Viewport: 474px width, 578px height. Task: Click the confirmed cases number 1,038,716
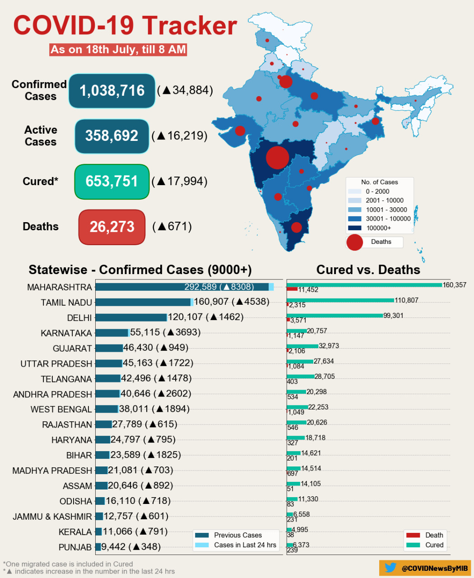[112, 91]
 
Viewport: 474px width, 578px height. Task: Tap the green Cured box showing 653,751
[112, 182]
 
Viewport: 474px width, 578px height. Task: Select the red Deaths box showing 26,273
[112, 227]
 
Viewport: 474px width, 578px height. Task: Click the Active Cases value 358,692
[112, 136]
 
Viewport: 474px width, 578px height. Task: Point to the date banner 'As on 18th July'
[118, 50]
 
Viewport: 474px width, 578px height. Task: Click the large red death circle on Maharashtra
[277, 158]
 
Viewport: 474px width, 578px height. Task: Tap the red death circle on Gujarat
[240, 131]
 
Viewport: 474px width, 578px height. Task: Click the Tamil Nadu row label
[66, 303]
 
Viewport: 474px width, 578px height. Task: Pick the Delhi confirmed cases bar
[131, 317]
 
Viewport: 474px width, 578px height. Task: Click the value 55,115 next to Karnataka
[145, 332]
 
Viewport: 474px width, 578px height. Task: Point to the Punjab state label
[75, 547]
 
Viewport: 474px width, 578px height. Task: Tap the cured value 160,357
[454, 285]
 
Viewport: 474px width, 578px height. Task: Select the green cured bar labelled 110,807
[340, 300]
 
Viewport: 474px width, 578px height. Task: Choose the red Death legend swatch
[413, 535]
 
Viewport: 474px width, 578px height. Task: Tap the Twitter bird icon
[390, 568]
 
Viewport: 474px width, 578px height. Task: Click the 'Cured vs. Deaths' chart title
[368, 270]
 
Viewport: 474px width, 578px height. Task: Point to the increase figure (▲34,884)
[185, 90]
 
